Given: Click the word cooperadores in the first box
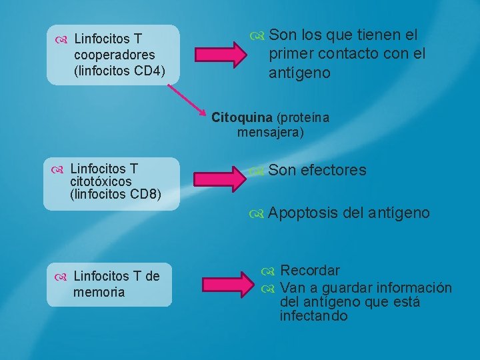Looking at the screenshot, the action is tap(114, 55).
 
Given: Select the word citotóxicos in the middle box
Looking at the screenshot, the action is tap(101, 181).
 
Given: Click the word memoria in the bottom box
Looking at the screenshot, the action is tap(99, 292).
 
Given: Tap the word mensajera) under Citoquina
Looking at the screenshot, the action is tap(270, 133).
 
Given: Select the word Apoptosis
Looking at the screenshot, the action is tap(303, 213).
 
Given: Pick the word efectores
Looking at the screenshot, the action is tap(333, 171).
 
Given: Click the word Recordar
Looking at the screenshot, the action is tap(310, 271).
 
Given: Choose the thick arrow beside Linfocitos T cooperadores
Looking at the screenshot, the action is tap(219, 55).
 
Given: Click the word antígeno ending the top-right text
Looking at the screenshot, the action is tap(299, 73).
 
